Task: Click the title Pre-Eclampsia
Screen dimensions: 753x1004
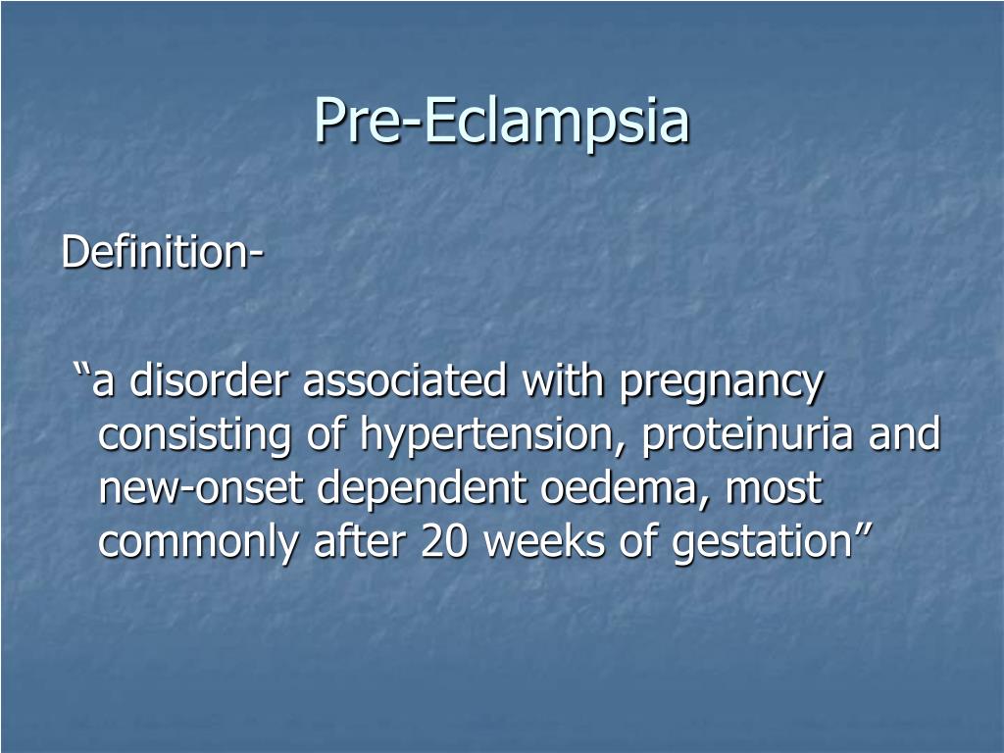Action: [x=502, y=122]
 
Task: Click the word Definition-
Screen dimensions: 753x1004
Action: [x=162, y=252]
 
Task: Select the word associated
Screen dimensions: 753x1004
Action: [x=406, y=381]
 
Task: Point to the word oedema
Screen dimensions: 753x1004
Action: [x=625, y=489]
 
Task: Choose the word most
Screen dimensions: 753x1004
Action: [x=776, y=489]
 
